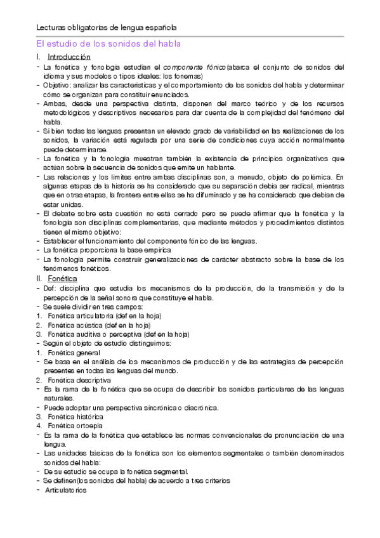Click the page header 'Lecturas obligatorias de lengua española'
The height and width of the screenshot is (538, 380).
(x=106, y=28)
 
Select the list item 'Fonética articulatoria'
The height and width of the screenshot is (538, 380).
(x=84, y=315)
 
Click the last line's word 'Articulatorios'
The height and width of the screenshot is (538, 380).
(x=66, y=490)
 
